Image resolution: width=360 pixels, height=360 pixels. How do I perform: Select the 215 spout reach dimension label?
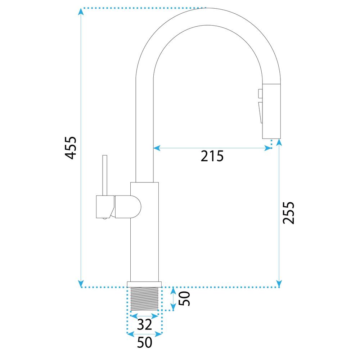212,156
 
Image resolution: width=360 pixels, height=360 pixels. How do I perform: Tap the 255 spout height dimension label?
288,212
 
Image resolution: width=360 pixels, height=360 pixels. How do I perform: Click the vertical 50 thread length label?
185,298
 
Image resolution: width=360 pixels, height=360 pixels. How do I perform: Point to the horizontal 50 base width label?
144,342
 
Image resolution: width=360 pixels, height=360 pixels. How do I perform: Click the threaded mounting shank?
144,298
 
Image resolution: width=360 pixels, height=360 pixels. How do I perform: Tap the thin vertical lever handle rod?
105,175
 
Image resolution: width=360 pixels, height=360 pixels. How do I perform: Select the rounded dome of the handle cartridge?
135,207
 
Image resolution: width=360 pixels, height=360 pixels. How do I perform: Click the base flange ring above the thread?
144,284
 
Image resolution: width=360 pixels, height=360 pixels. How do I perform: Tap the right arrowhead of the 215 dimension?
269,148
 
